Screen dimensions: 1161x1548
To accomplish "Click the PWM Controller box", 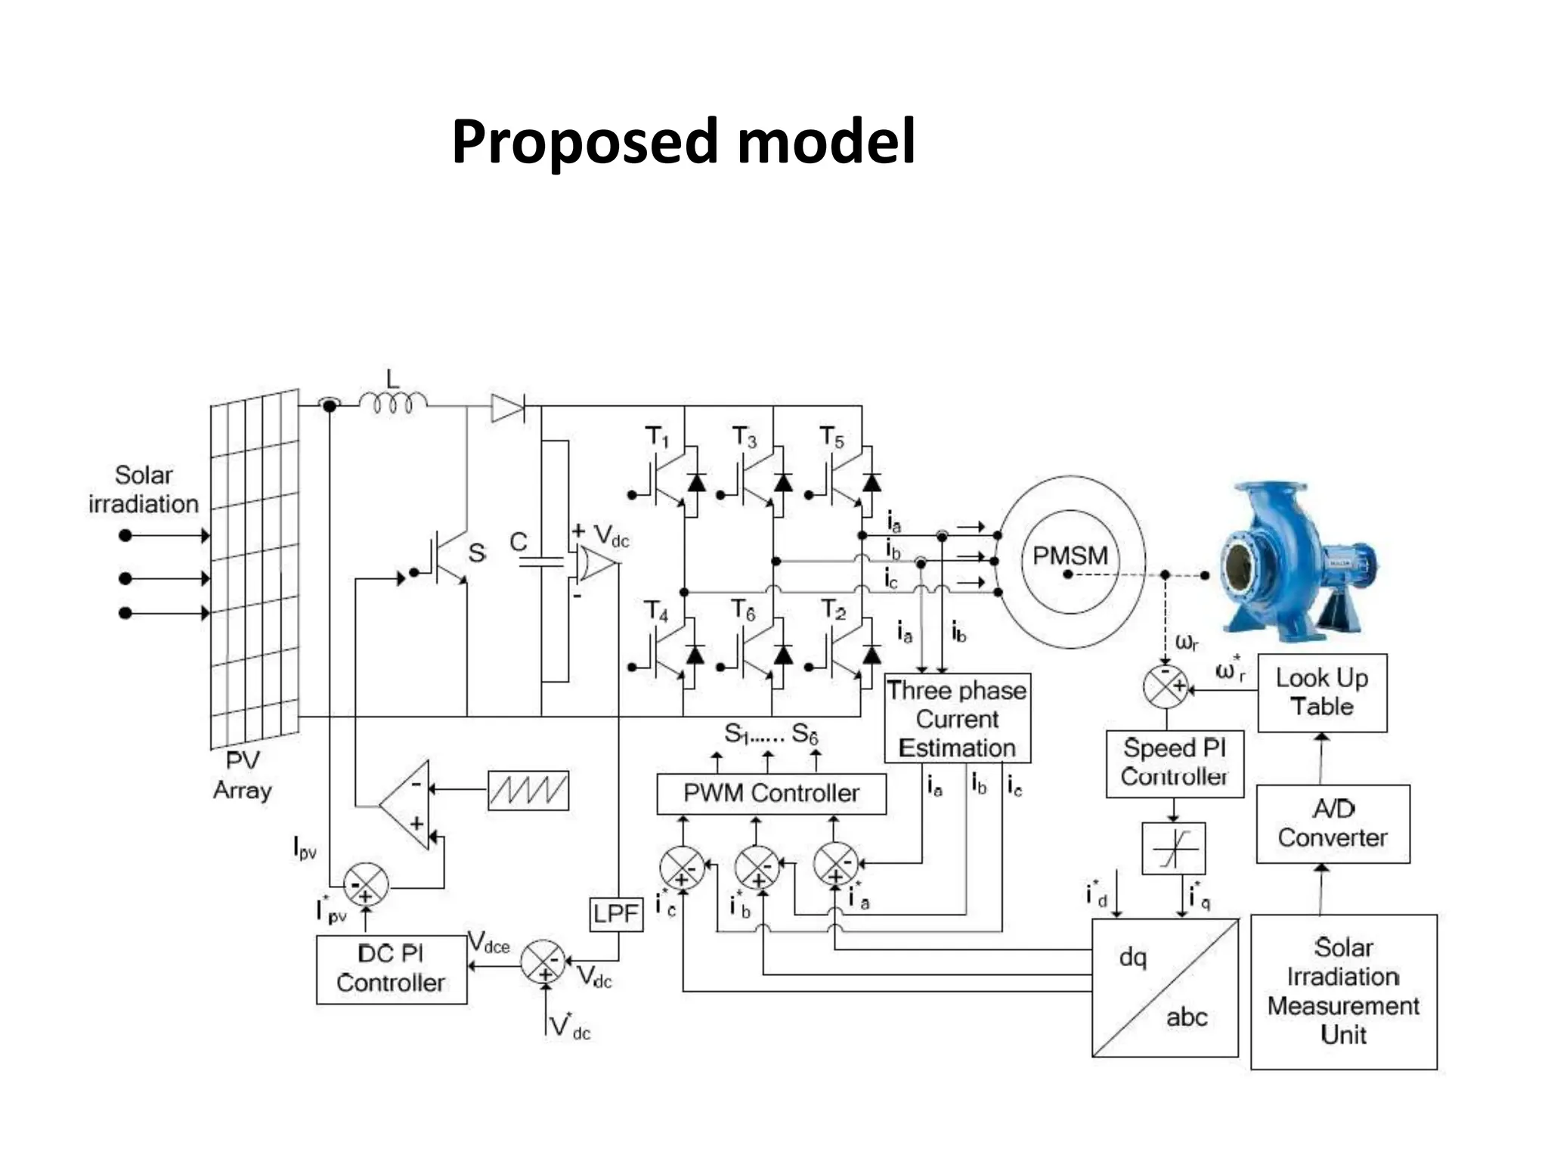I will (771, 794).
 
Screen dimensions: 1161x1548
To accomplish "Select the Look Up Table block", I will (1322, 692).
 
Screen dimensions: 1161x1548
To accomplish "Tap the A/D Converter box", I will (1333, 824).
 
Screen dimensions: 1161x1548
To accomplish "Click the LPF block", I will (616, 914).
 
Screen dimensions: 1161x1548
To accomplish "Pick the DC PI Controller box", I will (391, 969).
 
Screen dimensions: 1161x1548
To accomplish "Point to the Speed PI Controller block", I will (1174, 763).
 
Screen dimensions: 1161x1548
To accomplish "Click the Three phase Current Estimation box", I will (957, 719).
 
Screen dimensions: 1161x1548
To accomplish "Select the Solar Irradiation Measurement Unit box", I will (1343, 991).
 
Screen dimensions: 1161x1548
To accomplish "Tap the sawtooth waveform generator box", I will (528, 791).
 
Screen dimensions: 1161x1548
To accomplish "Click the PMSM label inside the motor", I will (1070, 556).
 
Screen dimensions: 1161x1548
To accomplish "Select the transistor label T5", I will (831, 438).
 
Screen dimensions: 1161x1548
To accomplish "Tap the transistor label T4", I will (656, 611).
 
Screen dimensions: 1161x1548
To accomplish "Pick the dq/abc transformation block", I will (1164, 987).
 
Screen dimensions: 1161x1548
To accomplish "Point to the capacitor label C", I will (518, 542).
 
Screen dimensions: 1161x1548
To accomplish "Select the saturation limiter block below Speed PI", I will (1173, 848).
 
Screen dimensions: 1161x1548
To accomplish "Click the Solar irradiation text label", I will (144, 489).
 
